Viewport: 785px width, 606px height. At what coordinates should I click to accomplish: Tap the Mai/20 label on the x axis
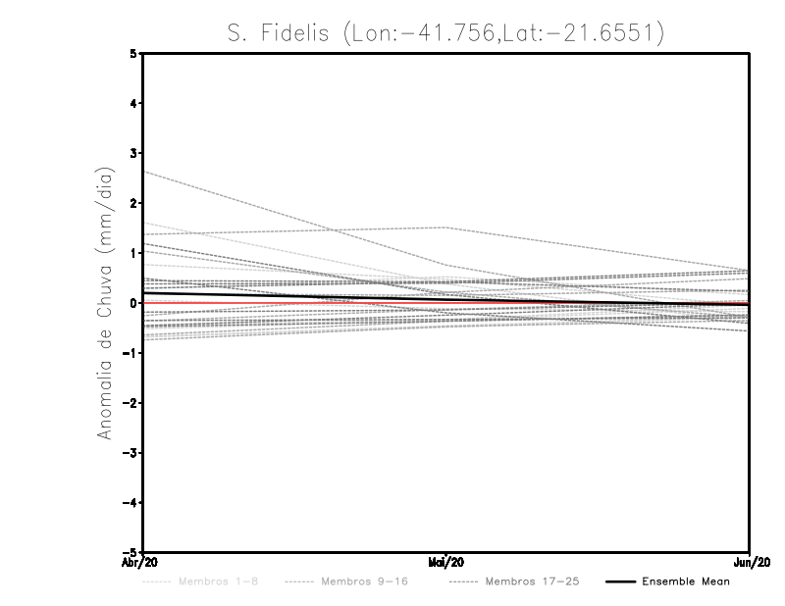(x=446, y=563)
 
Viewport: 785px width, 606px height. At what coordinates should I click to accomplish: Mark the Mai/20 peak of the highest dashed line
(x=446, y=227)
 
